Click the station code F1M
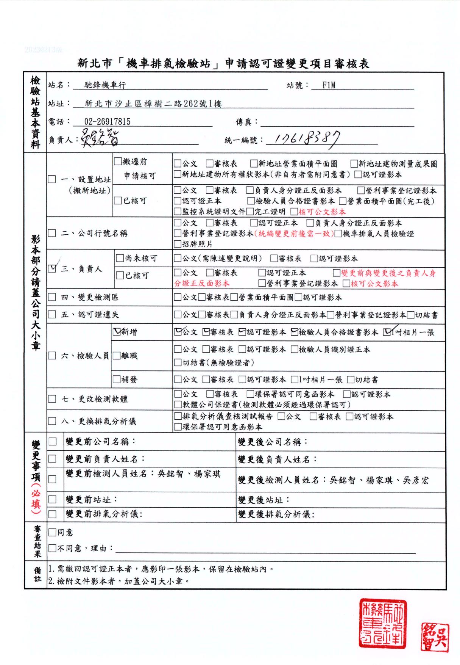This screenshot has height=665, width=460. click(329, 85)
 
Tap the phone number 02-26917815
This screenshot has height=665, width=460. click(107, 122)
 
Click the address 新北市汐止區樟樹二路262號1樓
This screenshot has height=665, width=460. click(153, 104)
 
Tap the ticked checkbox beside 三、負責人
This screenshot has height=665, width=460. click(53, 268)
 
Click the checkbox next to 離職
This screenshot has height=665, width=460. click(117, 356)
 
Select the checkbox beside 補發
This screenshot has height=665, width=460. click(117, 379)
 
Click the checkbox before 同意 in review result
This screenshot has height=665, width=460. click(53, 533)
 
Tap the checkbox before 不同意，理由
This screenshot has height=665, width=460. click(53, 549)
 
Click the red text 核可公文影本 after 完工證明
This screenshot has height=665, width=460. click(322, 212)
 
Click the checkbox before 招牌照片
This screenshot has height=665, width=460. click(178, 244)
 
